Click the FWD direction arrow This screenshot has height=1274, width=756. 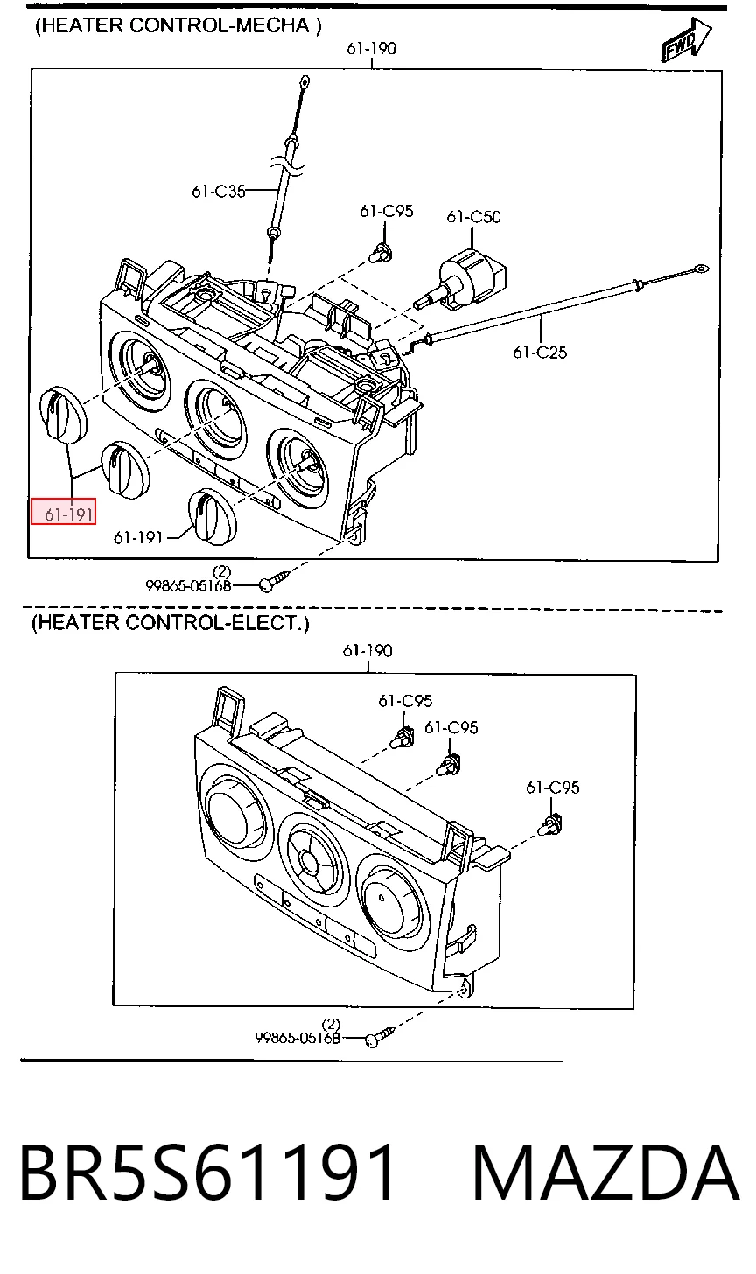[686, 40]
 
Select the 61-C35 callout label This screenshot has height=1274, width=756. [219, 191]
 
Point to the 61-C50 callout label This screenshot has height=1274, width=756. [474, 217]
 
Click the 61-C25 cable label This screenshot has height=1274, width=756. [540, 353]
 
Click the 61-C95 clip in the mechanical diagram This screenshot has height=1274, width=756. [380, 251]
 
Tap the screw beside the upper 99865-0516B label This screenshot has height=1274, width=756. [274, 580]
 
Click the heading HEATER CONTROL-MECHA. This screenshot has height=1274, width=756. [178, 25]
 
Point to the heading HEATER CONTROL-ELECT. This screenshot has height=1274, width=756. [170, 623]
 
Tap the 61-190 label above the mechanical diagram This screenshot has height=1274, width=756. [372, 48]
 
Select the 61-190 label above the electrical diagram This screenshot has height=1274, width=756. [367, 650]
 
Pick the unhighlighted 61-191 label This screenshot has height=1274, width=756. [138, 537]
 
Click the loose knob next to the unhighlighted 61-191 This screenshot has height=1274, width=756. [212, 516]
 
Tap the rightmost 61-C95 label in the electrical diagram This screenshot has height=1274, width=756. [553, 787]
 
